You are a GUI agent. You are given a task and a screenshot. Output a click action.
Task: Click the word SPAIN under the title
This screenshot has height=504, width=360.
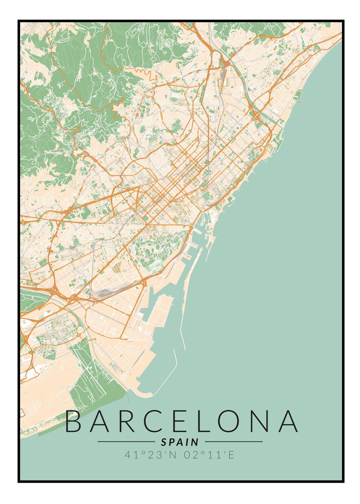coord(180,442)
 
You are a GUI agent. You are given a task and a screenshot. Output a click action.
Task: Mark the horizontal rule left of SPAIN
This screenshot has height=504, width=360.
coord(126,442)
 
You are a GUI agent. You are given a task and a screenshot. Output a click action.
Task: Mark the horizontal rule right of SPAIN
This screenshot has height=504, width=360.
coord(234,442)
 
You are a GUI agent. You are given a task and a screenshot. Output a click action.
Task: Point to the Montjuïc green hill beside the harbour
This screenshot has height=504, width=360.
coord(155,248)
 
